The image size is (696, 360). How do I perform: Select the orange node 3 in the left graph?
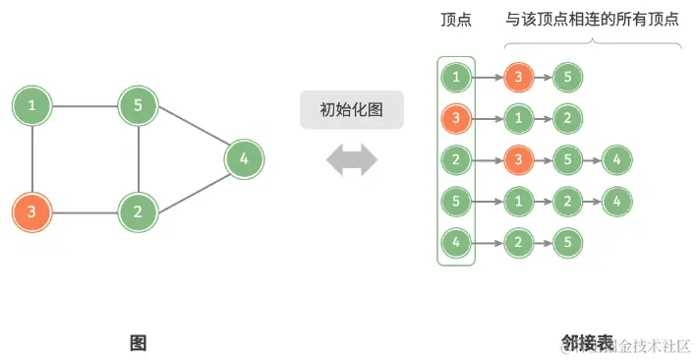pyautogui.click(x=32, y=210)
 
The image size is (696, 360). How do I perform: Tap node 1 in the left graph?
pyautogui.click(x=32, y=105)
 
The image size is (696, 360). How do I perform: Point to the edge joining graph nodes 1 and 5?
pyautogui.click(x=85, y=105)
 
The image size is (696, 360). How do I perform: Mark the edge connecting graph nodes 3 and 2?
pyautogui.click(x=85, y=210)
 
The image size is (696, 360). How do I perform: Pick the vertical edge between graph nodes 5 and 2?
pyautogui.click(x=139, y=157)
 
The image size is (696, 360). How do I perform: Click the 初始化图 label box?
pyautogui.click(x=352, y=109)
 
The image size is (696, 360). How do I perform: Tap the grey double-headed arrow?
pyautogui.click(x=352, y=159)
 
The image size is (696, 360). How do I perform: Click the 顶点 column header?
pyautogui.click(x=455, y=19)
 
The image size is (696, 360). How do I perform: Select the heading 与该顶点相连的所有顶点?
pyautogui.click(x=592, y=19)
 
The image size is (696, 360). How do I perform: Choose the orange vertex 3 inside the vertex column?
pyautogui.click(x=455, y=118)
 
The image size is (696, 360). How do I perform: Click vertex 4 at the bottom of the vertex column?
pyautogui.click(x=455, y=241)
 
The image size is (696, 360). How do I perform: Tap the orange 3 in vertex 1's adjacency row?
pyautogui.click(x=518, y=77)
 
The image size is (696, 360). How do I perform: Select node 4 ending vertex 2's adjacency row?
pyautogui.click(x=616, y=158)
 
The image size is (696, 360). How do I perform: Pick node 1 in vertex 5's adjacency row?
pyautogui.click(x=518, y=200)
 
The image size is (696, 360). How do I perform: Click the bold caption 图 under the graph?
pyautogui.click(x=138, y=342)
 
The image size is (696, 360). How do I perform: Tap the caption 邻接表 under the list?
pyautogui.click(x=587, y=342)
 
